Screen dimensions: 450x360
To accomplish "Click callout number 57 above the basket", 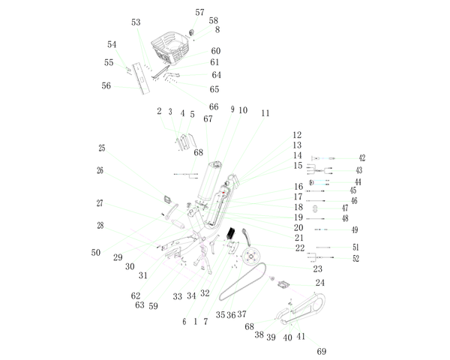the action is click(x=199, y=12).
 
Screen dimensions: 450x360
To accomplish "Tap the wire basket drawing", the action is click(x=170, y=47).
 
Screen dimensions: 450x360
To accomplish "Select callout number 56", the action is click(x=106, y=85).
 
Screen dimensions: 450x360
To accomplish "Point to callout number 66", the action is click(x=214, y=106).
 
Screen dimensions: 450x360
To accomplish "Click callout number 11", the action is click(x=265, y=113).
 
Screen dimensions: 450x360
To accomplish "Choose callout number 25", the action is click(x=102, y=148).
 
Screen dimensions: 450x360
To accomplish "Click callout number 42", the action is click(x=362, y=158).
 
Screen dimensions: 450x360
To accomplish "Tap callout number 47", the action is click(x=345, y=208).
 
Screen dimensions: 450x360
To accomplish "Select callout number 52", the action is click(x=355, y=258).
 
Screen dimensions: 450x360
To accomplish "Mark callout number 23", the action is click(x=318, y=268).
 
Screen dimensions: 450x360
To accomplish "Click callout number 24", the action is click(x=320, y=283).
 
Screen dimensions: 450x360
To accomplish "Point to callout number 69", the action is click(x=322, y=352).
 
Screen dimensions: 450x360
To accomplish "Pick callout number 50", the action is click(x=96, y=253).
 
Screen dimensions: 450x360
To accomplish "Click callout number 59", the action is click(x=153, y=306).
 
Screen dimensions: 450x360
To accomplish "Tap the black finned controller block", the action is click(x=231, y=233).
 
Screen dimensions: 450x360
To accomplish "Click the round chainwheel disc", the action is click(x=250, y=257).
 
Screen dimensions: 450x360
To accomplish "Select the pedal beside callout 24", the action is click(x=283, y=285).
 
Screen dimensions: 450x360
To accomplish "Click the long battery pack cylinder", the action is click(x=209, y=181).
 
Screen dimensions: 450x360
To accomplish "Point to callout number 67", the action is click(x=208, y=118).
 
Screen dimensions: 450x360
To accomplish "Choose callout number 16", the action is click(x=298, y=187).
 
